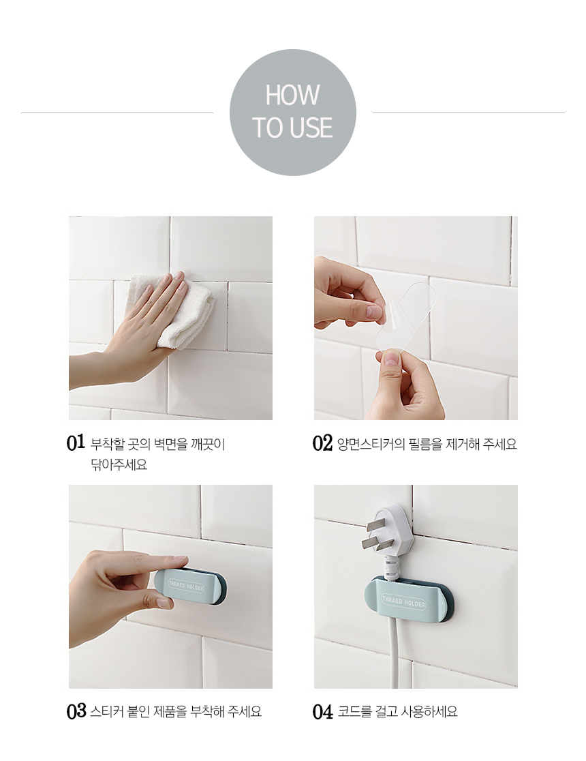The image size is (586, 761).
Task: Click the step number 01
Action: coord(76,442)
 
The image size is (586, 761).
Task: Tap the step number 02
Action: coord(322,443)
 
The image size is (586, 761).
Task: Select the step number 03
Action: coord(76,711)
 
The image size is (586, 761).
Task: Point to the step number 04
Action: coord(322,712)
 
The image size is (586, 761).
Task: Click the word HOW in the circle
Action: coord(292,95)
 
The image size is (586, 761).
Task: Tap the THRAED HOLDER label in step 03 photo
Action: coord(186,584)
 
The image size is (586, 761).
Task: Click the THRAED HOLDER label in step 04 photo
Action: coord(403,602)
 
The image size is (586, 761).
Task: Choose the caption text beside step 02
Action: coord(427,444)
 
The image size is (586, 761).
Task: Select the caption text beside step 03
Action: coord(176,711)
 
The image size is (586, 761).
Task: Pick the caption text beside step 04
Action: coord(397,712)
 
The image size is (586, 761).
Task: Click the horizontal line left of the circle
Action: coord(117,113)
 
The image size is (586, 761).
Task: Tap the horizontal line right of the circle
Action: coord(469,113)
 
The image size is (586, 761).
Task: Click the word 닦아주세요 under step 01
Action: coord(119,465)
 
